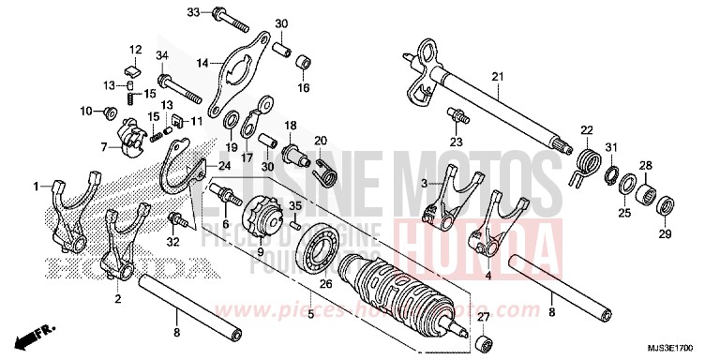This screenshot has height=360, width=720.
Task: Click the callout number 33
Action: coord(193,12)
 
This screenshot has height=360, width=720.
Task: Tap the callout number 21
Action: coord(497,76)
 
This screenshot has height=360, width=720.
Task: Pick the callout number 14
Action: coord(202,63)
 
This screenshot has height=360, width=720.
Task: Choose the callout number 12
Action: coord(134,50)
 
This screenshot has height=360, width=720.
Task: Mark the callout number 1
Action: coord(37,186)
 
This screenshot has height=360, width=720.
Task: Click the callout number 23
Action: coord(457,142)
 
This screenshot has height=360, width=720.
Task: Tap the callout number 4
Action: coord(488,277)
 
